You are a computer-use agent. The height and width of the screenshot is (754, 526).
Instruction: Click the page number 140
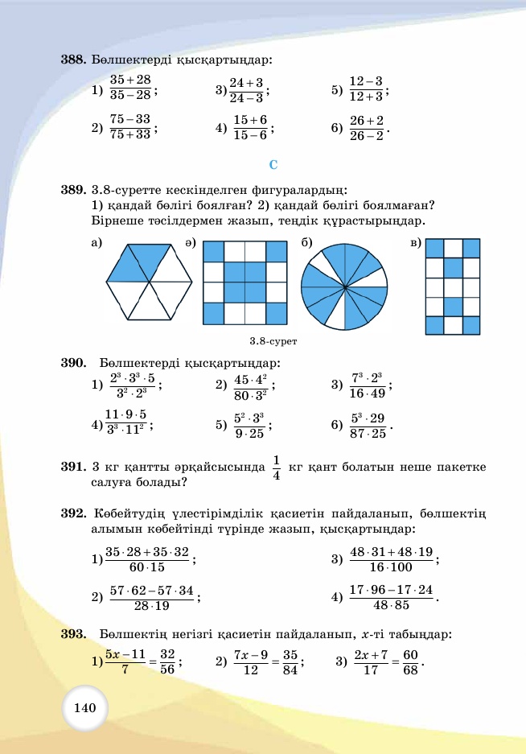tap(84, 708)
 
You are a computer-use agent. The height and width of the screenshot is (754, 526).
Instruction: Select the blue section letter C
tap(273, 165)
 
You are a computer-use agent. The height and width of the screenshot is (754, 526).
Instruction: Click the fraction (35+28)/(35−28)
tap(130, 88)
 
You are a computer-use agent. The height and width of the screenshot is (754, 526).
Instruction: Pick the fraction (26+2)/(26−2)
tap(367, 128)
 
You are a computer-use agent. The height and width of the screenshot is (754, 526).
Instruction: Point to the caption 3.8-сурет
tap(273, 341)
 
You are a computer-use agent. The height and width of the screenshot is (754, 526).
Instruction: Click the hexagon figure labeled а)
tap(150, 282)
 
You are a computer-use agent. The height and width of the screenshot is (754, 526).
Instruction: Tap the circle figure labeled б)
tap(343, 285)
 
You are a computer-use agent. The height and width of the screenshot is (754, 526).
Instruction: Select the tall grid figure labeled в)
tap(452, 286)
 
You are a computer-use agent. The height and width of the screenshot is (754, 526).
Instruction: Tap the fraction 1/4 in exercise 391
tap(276, 468)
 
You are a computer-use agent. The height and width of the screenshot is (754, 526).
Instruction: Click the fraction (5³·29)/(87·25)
tap(368, 425)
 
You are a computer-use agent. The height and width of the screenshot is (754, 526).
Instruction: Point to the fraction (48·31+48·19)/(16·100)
tap(392, 559)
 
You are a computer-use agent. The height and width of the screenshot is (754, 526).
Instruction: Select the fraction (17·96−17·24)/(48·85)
tap(392, 597)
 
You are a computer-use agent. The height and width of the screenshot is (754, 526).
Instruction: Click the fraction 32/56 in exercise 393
tap(166, 662)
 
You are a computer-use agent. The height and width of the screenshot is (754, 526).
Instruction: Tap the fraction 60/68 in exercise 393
tap(410, 662)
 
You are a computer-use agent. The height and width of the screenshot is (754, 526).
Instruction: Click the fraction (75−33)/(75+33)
tap(130, 128)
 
